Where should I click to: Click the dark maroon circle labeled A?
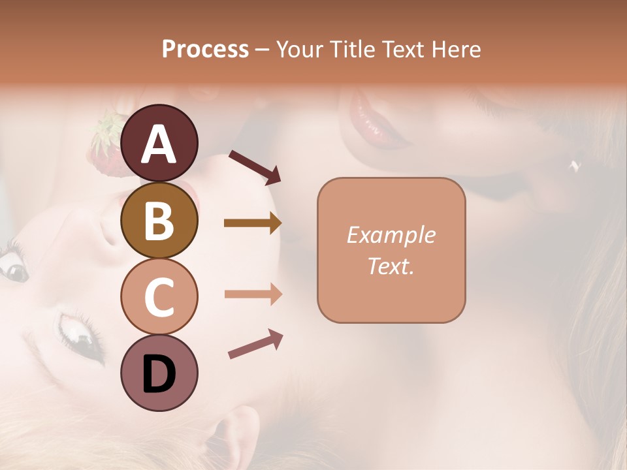click(x=159, y=143)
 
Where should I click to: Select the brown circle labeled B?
click(x=159, y=220)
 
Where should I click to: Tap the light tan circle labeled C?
click(x=159, y=296)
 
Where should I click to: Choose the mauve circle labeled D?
click(x=159, y=373)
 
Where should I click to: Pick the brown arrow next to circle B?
click(x=253, y=223)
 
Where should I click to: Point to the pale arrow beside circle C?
click(x=253, y=294)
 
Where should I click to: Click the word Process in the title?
click(x=205, y=49)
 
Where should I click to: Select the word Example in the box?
click(x=391, y=235)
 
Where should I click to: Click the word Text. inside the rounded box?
click(x=391, y=266)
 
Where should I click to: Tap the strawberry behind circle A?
click(x=106, y=145)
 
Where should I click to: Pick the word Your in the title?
click(x=298, y=49)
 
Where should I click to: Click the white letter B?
click(x=159, y=221)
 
